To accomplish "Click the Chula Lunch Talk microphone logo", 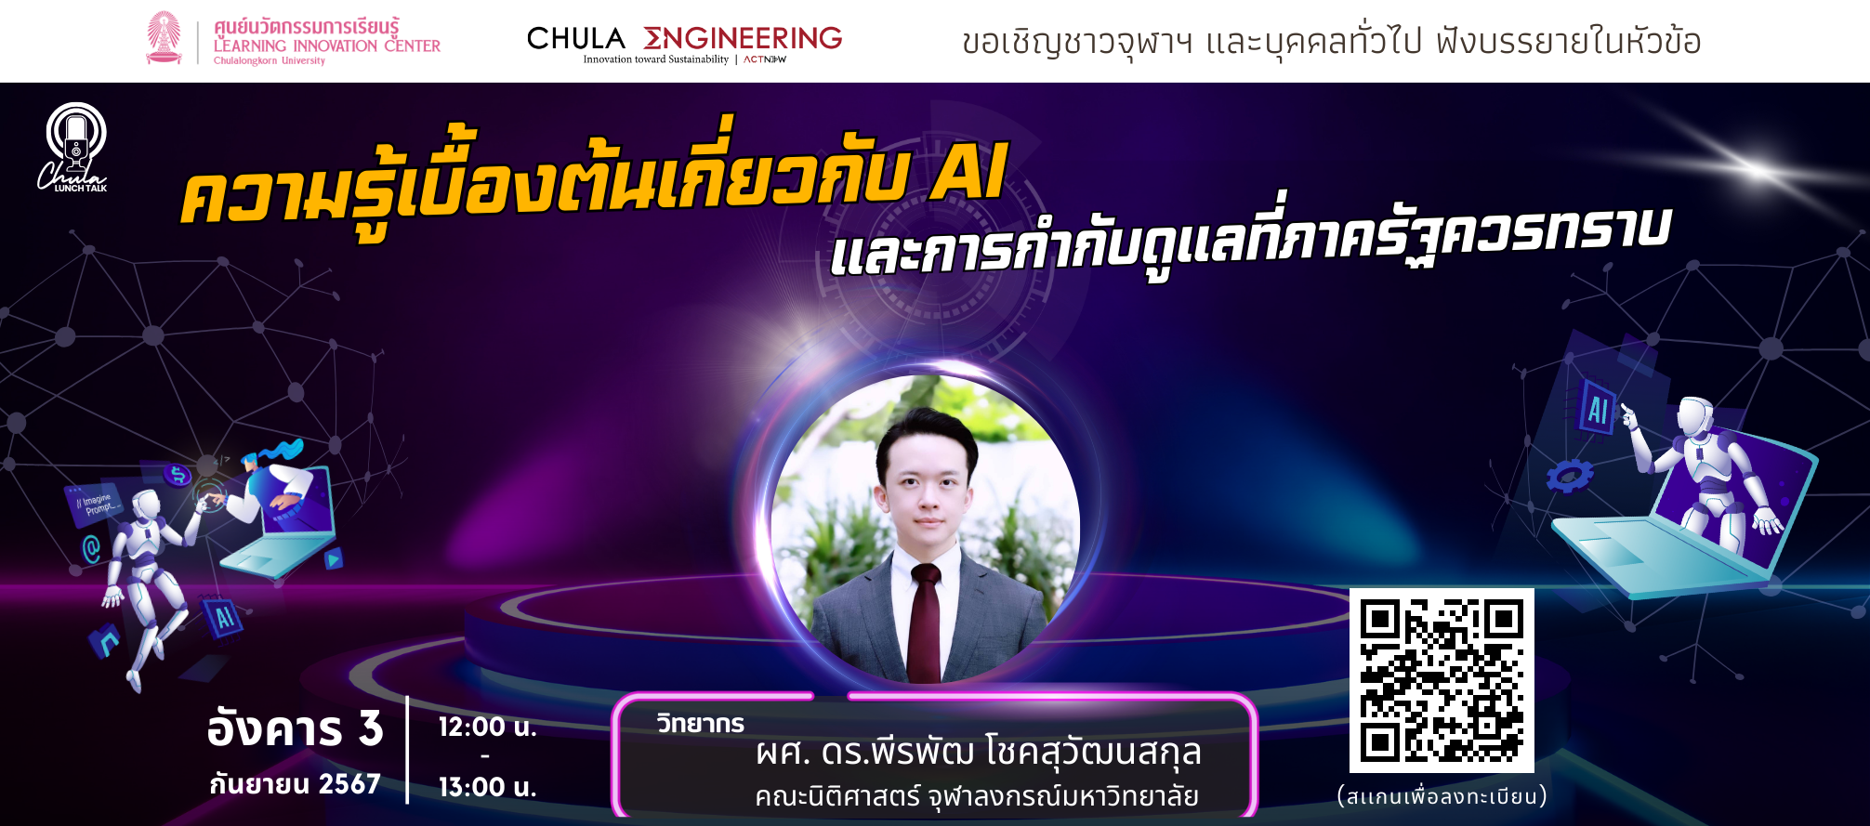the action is pos(73,147).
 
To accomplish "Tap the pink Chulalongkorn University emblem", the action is pos(165,38).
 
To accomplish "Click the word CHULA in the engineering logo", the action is pos(576,38).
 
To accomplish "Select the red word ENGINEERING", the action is pos(743,38).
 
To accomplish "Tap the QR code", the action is pos(1442,680).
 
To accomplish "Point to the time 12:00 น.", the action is pos(488,727).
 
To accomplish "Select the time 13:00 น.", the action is pos(488,787).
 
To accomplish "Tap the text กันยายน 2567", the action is pos(295,784).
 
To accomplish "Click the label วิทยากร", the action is pos(701,723).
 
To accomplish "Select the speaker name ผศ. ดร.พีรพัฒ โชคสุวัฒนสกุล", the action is pos(979,753).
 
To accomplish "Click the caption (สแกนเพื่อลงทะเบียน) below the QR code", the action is pos(1442,796).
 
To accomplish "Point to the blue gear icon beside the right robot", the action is pos(1570,477).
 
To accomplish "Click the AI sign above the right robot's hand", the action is pos(1598,409).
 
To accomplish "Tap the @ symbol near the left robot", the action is pos(91,549).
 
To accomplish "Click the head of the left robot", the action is pos(145,505).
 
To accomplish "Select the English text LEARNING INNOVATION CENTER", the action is pos(327,46).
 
